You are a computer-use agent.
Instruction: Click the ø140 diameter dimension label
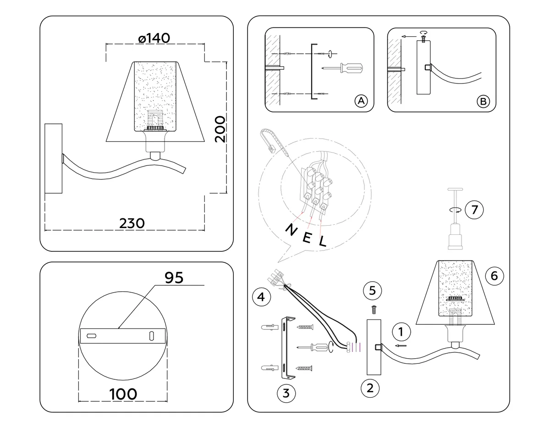tap(154, 38)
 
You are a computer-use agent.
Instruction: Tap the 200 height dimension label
tap(220, 129)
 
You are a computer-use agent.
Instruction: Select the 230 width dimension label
tap(132, 223)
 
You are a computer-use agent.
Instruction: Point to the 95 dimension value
tap(174, 278)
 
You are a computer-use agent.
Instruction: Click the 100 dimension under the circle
tap(123, 394)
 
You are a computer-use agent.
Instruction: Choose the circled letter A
tap(361, 101)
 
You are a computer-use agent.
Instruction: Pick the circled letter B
tap(483, 101)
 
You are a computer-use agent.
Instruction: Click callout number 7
tap(474, 210)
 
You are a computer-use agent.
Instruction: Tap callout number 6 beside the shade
tap(495, 276)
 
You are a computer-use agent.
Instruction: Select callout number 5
tap(372, 290)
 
